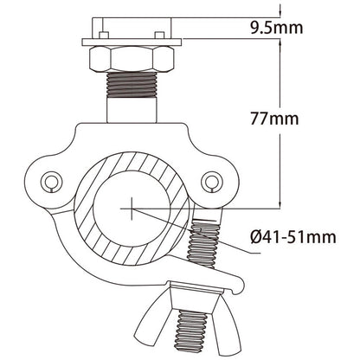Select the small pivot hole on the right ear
click(210, 181)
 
